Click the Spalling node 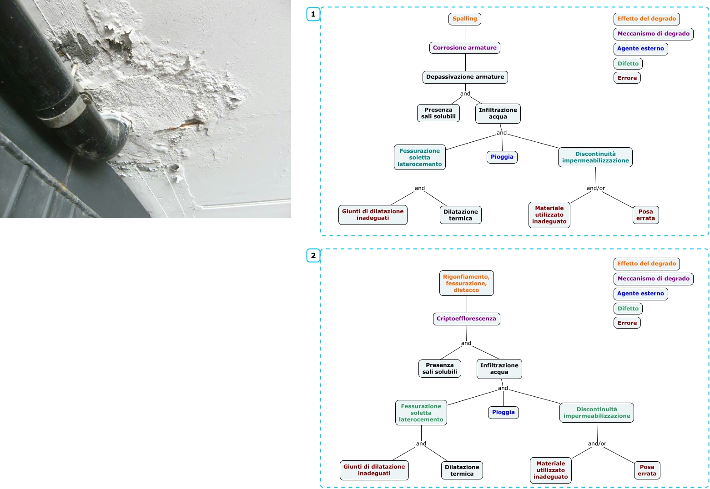(x=464, y=19)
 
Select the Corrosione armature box (x=464, y=48)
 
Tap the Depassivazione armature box (x=465, y=77)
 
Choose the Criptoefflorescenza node (x=466, y=319)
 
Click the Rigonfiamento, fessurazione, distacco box (x=466, y=283)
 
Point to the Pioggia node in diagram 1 (x=502, y=157)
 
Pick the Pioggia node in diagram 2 (x=503, y=413)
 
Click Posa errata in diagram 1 (x=645, y=215)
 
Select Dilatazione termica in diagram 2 (x=462, y=470)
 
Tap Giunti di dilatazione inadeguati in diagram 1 (x=373, y=215)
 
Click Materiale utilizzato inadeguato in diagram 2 (x=550, y=470)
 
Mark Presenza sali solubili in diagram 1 (x=438, y=113)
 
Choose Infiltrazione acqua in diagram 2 (x=499, y=369)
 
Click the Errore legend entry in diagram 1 (x=627, y=78)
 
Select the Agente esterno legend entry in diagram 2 (x=640, y=294)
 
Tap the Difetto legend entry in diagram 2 (x=628, y=309)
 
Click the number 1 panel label (x=313, y=15)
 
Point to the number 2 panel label (x=313, y=256)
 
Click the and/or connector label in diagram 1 (x=595, y=188)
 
